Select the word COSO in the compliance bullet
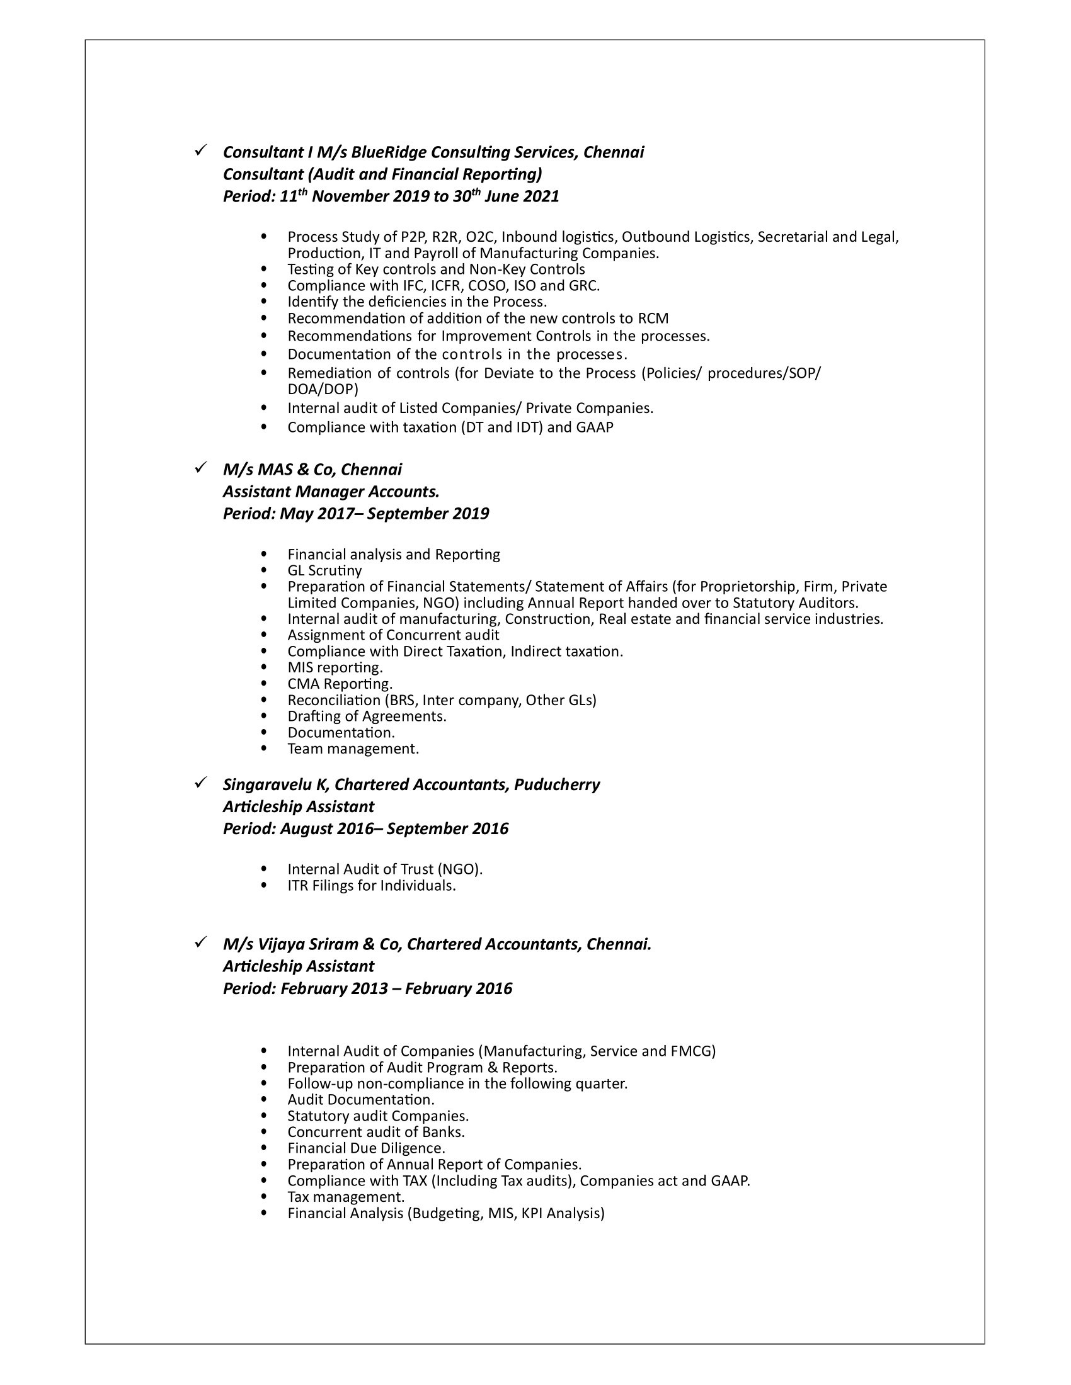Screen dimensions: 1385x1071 coord(485,285)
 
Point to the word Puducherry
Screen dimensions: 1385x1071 coord(556,784)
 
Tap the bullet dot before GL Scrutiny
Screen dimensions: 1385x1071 coord(265,571)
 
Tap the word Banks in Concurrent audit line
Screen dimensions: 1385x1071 coord(445,1132)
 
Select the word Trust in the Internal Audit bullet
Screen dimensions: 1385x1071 coord(416,869)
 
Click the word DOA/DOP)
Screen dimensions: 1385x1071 coord(323,388)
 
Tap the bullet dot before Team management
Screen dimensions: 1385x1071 coord(265,749)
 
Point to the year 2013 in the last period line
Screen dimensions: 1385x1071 coord(365,988)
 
